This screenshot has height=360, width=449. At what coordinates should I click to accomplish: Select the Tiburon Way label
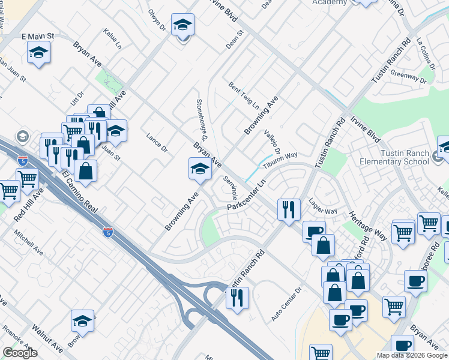click(283, 157)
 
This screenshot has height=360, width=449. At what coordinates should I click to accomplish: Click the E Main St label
click(37, 37)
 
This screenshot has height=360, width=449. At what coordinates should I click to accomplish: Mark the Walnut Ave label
click(48, 339)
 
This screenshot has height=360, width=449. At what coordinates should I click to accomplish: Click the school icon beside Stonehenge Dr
click(200, 169)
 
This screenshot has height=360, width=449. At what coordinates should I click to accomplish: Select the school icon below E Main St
click(38, 52)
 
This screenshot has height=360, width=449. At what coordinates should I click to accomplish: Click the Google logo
click(20, 353)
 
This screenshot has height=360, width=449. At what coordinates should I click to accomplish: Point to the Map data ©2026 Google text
click(411, 355)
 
